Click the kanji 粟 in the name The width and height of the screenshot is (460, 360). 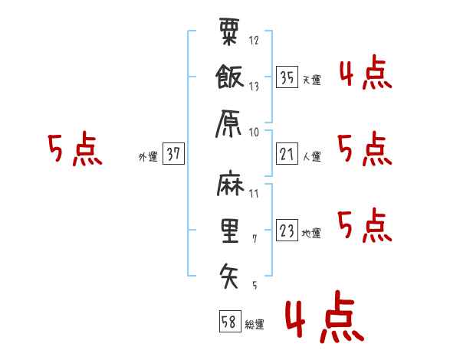229,31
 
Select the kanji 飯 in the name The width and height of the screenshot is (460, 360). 230,77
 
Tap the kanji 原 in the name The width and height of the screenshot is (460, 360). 228,123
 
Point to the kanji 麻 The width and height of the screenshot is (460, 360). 230,184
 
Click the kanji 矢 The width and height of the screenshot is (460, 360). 228,276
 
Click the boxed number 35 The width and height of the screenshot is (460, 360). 287,77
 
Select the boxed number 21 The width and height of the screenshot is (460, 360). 287,154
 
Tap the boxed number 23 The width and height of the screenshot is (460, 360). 287,230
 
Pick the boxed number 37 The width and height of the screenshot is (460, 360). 173,153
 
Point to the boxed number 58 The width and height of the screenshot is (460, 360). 230,321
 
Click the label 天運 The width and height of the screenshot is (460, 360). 312,80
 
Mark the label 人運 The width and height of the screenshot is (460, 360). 312,156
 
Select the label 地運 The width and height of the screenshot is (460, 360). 311,233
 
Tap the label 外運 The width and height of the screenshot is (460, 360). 148,156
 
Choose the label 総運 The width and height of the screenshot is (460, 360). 255,324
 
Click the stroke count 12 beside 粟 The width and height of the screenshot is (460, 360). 254,40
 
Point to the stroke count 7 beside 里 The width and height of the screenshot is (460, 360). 255,239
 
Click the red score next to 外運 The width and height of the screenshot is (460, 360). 75,149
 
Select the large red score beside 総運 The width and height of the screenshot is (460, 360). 325,316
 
